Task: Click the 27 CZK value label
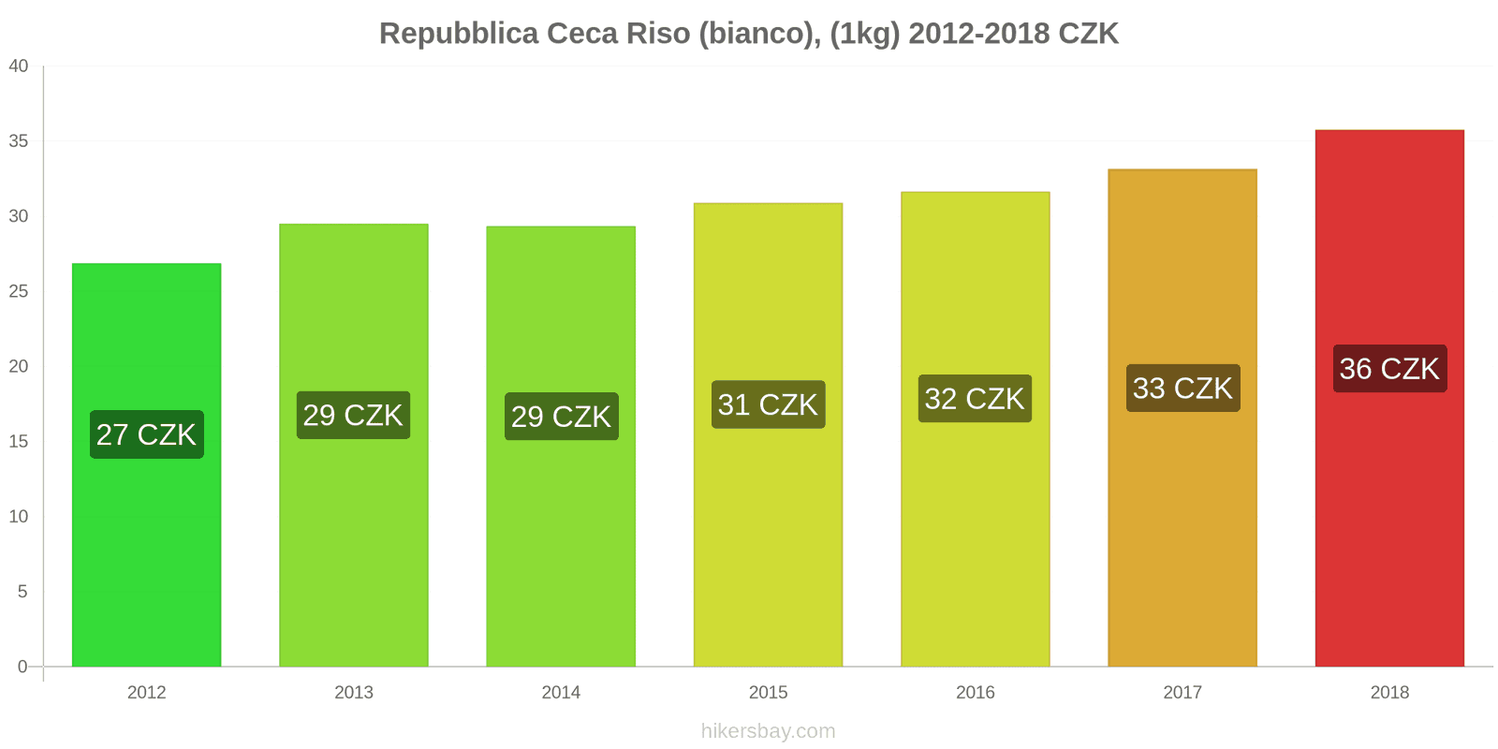tap(146, 434)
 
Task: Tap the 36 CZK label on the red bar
tap(1389, 369)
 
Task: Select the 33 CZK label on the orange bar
tap(1182, 389)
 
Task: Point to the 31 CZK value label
tap(768, 404)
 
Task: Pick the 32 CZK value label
tap(975, 399)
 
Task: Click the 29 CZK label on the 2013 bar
tap(353, 415)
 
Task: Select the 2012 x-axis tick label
tap(146, 693)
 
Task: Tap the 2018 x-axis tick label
tap(1389, 693)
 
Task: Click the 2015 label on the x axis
tap(768, 693)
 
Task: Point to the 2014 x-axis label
tap(561, 693)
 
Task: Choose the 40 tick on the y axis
tap(19, 66)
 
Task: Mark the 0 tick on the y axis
tap(22, 667)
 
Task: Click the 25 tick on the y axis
tap(19, 291)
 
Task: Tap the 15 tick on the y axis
tap(19, 441)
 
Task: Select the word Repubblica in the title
tap(459, 34)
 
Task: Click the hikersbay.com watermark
tap(768, 731)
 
